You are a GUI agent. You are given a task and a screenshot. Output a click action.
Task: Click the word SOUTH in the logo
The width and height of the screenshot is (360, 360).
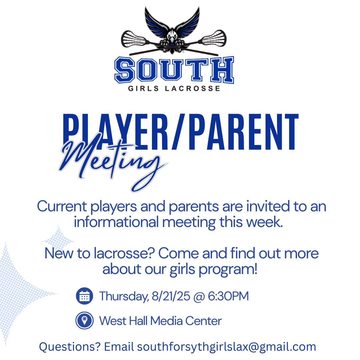pyautogui.click(x=174, y=71)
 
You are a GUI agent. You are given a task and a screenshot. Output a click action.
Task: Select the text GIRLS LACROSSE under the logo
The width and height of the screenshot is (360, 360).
pyautogui.click(x=174, y=88)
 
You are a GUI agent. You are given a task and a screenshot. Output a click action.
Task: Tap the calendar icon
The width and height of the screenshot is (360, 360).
pyautogui.click(x=84, y=296)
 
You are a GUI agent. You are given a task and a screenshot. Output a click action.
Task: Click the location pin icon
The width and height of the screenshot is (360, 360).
pyautogui.click(x=84, y=321)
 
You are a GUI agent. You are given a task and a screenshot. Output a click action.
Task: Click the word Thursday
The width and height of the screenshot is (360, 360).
pyautogui.click(x=122, y=296)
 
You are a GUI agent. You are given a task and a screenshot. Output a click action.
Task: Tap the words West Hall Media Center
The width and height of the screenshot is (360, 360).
pyautogui.click(x=160, y=321)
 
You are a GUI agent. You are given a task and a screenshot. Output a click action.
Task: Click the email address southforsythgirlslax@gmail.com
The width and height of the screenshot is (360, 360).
pyautogui.click(x=226, y=347)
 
